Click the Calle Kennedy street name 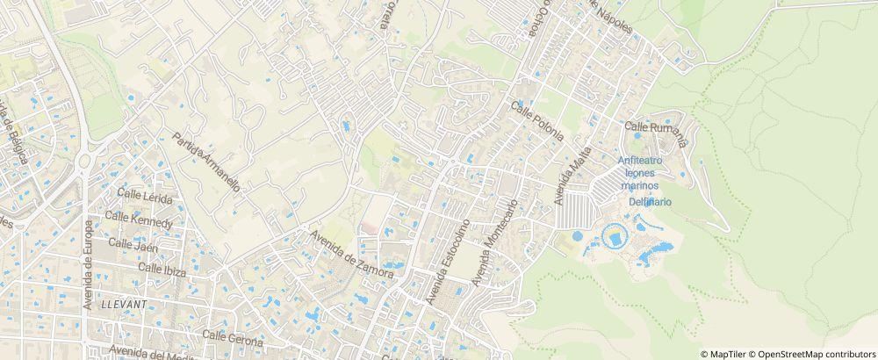coord(138,220)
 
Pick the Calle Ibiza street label coord(162,268)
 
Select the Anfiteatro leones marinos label coord(639,173)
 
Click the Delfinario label coord(650,202)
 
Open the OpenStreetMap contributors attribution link coord(812,354)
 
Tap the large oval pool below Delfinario coord(613,235)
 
